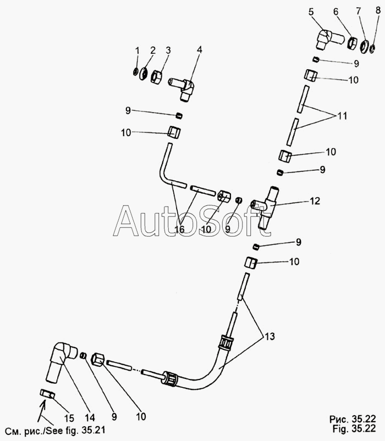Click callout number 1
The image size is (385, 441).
137,51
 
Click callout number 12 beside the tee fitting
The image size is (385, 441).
314,202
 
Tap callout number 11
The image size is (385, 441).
343,116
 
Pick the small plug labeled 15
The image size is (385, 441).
46,394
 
